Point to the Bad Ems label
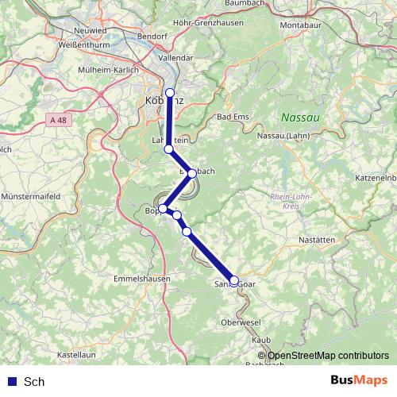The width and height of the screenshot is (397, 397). [x=233, y=117]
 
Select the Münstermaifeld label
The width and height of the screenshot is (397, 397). [x=32, y=195]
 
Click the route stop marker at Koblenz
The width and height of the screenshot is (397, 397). [x=169, y=93]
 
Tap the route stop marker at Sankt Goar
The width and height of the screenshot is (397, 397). [x=233, y=280]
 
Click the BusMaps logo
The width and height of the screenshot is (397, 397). [x=358, y=381]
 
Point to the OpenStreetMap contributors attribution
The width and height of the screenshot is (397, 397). [x=327, y=357]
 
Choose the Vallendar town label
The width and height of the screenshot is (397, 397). [x=175, y=58]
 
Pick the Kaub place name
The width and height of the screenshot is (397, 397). [x=260, y=339]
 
